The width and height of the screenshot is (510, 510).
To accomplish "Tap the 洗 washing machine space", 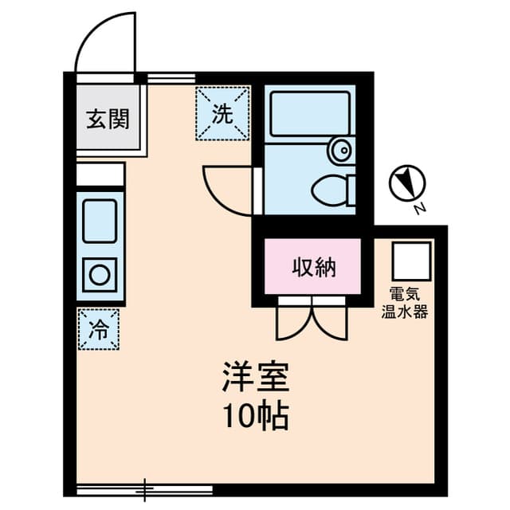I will [x=222, y=113].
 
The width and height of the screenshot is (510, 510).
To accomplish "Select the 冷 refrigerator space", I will [x=99, y=328].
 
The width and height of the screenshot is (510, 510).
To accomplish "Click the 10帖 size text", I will [x=255, y=415].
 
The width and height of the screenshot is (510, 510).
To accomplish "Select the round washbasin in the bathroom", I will [x=341, y=149].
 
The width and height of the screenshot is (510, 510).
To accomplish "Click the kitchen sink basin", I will [x=100, y=217].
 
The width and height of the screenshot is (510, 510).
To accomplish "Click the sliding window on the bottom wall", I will [x=145, y=485].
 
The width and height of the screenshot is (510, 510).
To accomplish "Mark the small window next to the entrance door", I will [x=171, y=78].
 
